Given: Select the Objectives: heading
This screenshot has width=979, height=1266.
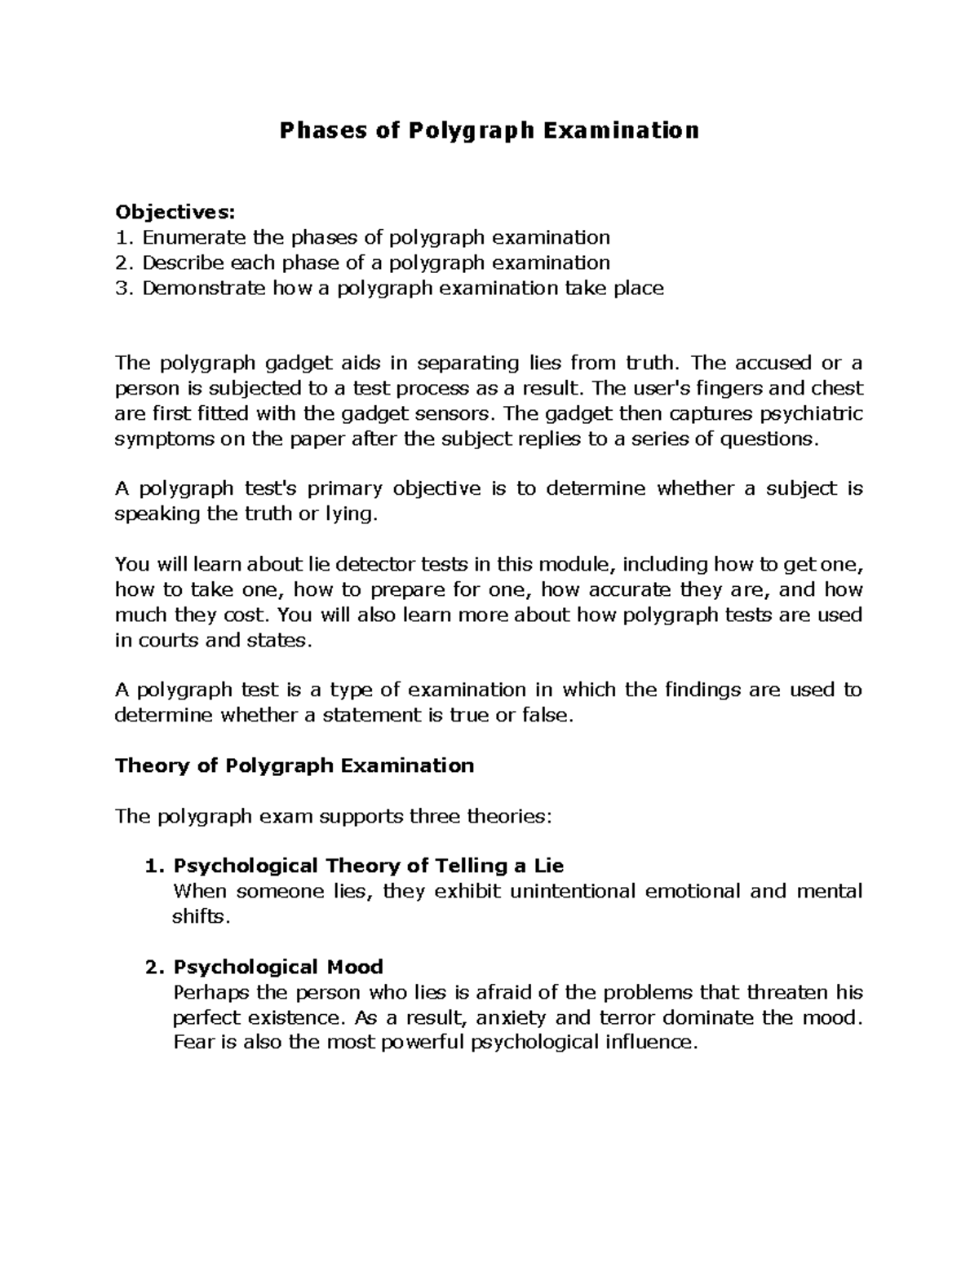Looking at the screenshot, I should pos(175,213).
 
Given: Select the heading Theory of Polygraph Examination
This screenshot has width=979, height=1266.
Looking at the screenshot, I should pos(295,765).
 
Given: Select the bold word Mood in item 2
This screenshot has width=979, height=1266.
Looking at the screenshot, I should pos(353,967).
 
